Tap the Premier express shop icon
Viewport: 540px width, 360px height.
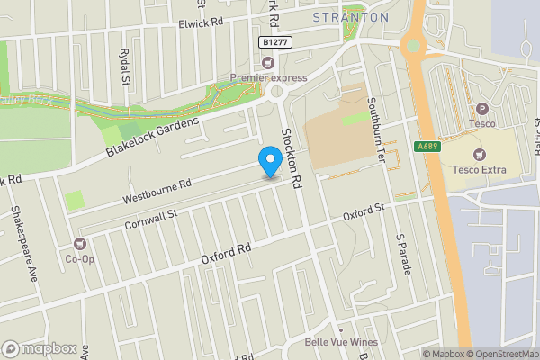pos(267,62)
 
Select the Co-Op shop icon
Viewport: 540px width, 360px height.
pos(80,243)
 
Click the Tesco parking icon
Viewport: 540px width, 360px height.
pos(481,109)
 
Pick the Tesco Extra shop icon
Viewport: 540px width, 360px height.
pos(478,154)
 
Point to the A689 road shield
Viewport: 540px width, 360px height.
pos(427,146)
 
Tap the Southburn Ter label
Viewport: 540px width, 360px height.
pos(375,135)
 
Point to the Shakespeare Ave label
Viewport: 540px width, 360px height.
pos(22,243)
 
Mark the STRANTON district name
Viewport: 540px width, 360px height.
pos(351,17)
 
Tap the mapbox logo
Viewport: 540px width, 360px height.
pos(39,348)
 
